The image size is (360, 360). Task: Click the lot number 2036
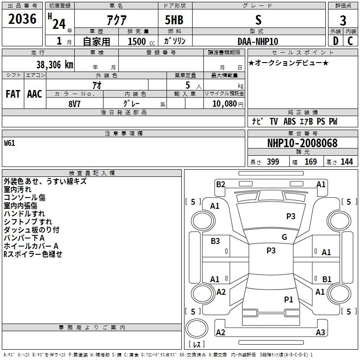click(22, 19)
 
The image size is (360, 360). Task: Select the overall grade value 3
click(343, 21)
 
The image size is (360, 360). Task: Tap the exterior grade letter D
click(336, 41)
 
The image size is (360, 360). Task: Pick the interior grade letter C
click(350, 41)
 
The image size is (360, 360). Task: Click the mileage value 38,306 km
click(55, 65)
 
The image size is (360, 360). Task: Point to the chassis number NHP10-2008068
click(302, 143)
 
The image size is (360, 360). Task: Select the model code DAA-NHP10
click(258, 41)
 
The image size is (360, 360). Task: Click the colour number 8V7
click(74, 104)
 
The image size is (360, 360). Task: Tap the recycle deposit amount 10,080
click(225, 104)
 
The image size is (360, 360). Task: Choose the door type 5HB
click(174, 20)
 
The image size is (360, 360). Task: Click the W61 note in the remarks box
click(9, 143)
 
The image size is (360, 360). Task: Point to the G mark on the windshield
click(284, 237)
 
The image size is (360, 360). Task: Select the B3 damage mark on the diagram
click(215, 241)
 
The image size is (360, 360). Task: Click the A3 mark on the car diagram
click(320, 332)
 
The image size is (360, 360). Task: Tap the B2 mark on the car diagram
click(220, 184)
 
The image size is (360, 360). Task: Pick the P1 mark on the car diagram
click(288, 299)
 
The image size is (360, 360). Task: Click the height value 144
click(346, 162)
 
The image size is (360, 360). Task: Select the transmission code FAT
click(13, 94)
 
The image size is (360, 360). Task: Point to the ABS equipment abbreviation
click(289, 121)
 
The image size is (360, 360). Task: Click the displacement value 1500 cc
click(141, 41)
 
